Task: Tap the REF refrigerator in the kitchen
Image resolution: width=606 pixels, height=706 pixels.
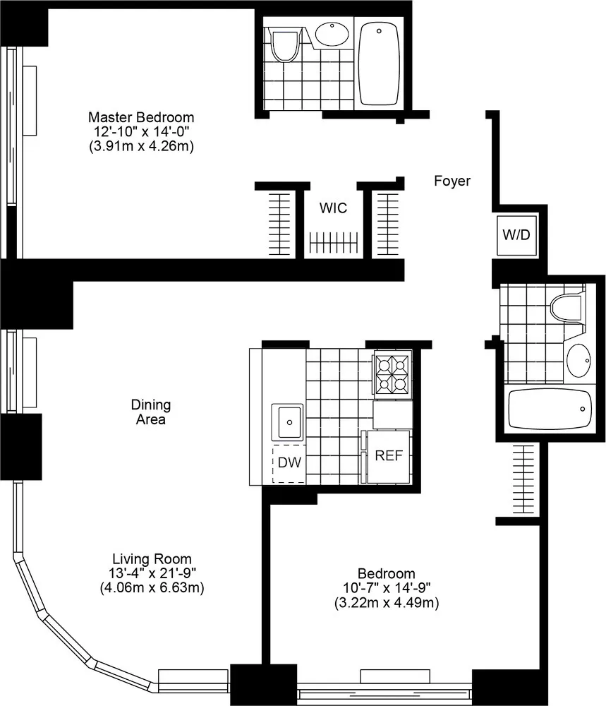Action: coord(389,456)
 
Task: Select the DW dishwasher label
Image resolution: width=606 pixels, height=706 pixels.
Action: coord(289,464)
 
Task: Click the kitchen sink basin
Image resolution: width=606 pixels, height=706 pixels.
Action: coord(289,422)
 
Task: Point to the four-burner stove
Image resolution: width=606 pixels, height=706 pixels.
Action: coord(392,374)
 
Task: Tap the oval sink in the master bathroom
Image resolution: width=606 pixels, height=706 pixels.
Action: coord(332,34)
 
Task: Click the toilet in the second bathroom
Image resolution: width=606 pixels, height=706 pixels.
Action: coord(567,306)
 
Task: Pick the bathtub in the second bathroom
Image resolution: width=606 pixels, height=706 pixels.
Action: coord(549,410)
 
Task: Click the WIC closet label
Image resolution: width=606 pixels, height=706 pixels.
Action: coord(333,208)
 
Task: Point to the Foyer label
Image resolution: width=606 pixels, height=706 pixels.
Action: coord(452,181)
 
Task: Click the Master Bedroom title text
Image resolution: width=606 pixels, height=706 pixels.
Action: coord(140,117)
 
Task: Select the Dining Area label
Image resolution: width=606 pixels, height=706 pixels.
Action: coord(151,412)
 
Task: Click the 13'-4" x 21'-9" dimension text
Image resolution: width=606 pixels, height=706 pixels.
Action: coord(154,573)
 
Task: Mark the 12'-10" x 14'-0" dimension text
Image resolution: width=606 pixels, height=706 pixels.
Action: coord(140,132)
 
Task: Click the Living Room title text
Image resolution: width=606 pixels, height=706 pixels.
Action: coord(154,558)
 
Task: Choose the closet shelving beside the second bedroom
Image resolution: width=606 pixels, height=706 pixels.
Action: coord(522,480)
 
